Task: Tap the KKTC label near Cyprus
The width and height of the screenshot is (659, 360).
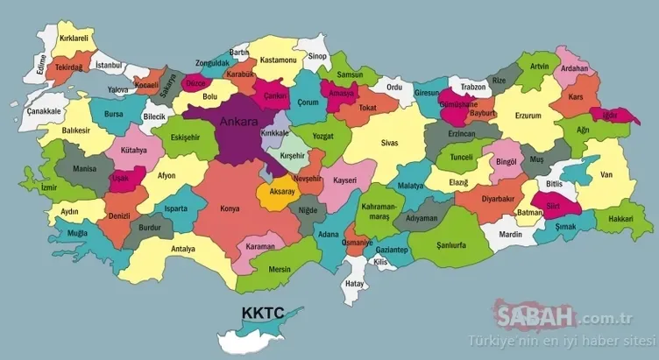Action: pos(259,313)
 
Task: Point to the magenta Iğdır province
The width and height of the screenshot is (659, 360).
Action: pos(606,115)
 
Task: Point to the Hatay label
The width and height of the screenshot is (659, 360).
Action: pos(354,284)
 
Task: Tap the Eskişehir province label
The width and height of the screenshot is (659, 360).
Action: pos(184,138)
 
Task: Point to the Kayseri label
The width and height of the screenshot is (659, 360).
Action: pos(344,180)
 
